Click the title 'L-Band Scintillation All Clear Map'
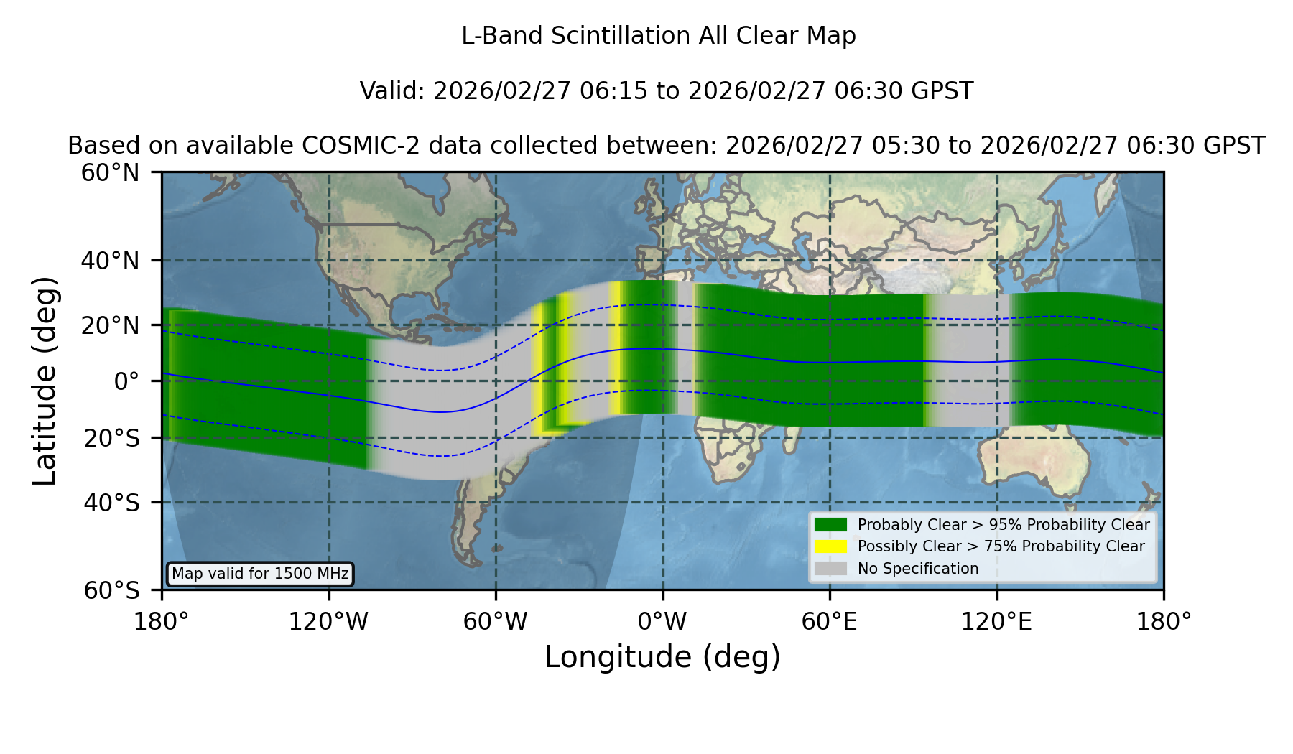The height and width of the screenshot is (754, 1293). (x=659, y=36)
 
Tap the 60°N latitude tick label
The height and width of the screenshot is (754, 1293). (x=110, y=173)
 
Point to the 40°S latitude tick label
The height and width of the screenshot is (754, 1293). (x=111, y=503)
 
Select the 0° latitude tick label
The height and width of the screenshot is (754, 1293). (x=127, y=381)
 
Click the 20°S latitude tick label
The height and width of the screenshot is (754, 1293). (x=111, y=438)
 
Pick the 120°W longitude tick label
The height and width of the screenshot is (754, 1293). (x=328, y=622)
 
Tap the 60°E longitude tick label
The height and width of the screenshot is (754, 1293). (x=830, y=622)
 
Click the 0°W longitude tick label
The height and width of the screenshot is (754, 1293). (x=662, y=622)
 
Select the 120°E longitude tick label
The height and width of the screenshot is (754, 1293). (x=996, y=622)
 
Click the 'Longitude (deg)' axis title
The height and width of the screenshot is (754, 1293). (x=662, y=657)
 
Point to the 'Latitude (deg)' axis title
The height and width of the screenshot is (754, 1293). (x=45, y=381)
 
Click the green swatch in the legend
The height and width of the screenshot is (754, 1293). (x=830, y=524)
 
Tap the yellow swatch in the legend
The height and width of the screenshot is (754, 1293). (x=830, y=546)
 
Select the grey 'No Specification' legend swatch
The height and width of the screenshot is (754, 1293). (x=830, y=568)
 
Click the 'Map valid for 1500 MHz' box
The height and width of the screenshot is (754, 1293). (x=260, y=574)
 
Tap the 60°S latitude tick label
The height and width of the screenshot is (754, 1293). (x=111, y=590)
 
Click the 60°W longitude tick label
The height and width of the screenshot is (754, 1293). (x=496, y=622)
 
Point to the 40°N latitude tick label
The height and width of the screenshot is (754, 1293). (x=110, y=261)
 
